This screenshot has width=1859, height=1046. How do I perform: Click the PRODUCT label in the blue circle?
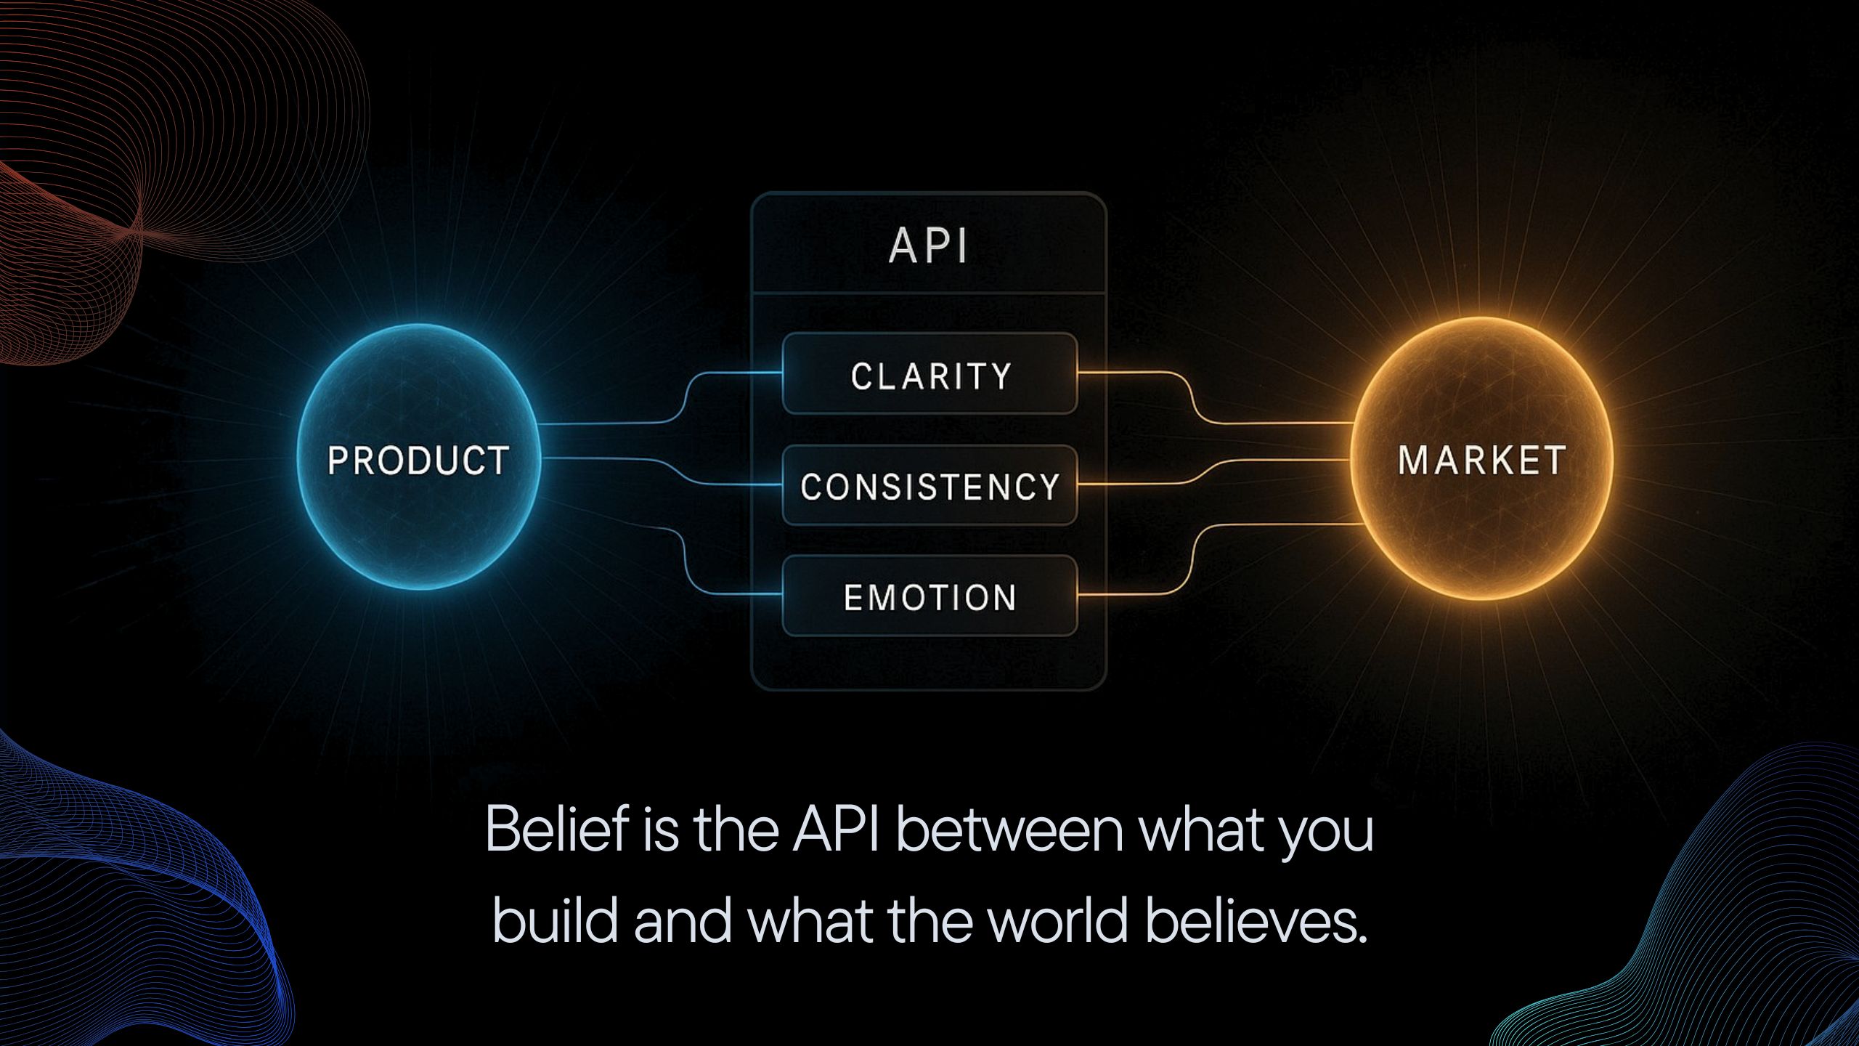(418, 461)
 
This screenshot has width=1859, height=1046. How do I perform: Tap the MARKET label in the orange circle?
(1481, 461)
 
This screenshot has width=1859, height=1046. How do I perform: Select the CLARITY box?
(930, 376)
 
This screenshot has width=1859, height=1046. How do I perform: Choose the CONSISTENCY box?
(930, 486)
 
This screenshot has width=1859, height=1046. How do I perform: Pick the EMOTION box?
(930, 597)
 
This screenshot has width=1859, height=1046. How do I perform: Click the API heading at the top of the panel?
(929, 246)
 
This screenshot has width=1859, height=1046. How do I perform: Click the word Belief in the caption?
(556, 830)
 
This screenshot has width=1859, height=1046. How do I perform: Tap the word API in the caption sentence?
(836, 830)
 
